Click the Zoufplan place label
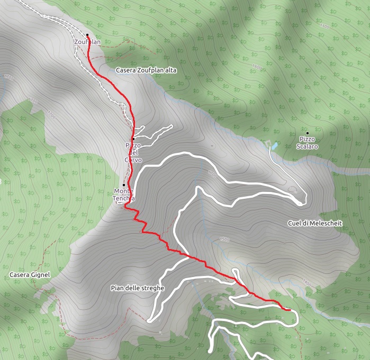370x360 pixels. [88, 42]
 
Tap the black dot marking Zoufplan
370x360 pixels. [87, 35]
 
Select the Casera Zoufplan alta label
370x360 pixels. [146, 70]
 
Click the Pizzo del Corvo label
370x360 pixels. [133, 152]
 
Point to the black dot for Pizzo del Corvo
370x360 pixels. [133, 139]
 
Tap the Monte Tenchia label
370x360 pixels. [124, 195]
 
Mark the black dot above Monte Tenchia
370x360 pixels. [124, 185]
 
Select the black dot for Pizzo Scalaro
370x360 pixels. [307, 133]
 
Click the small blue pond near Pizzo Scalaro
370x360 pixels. [273, 144]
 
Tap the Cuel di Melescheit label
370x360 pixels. [315, 223]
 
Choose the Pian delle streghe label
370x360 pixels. [138, 288]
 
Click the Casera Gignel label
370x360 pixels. [30, 275]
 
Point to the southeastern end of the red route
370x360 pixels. [291, 309]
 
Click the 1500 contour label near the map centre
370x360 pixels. [224, 239]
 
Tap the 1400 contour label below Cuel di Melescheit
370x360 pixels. [308, 285]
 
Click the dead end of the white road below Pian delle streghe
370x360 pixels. [150, 320]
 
